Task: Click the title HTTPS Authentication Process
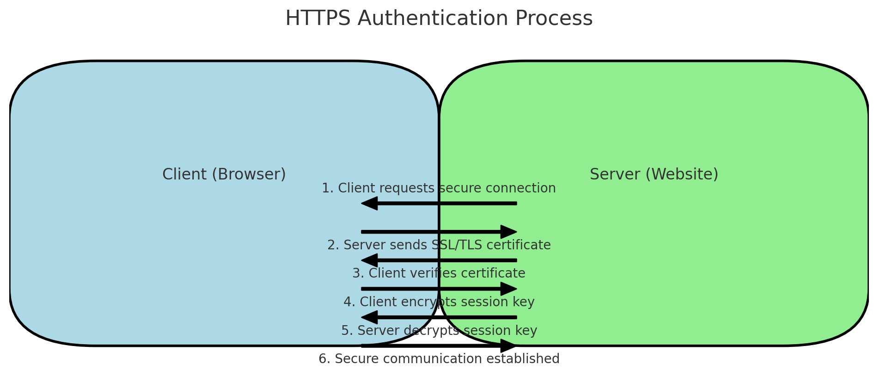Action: tap(439, 19)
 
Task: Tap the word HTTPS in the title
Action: tap(319, 19)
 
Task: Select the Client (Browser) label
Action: tap(224, 174)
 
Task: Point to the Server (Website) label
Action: tap(654, 174)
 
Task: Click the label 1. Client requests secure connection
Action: tap(439, 188)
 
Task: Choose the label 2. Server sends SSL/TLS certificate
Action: tap(439, 245)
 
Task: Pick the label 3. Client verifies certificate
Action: tap(439, 273)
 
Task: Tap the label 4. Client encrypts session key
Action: tap(439, 302)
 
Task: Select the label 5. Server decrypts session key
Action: tap(439, 331)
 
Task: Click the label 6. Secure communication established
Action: tap(439, 359)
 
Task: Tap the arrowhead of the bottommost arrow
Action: tap(508, 346)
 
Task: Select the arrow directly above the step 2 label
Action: tap(439, 232)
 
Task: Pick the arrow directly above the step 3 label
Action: tap(439, 260)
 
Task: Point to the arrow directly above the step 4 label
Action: tap(439, 289)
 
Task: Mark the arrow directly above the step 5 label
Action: tap(439, 317)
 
